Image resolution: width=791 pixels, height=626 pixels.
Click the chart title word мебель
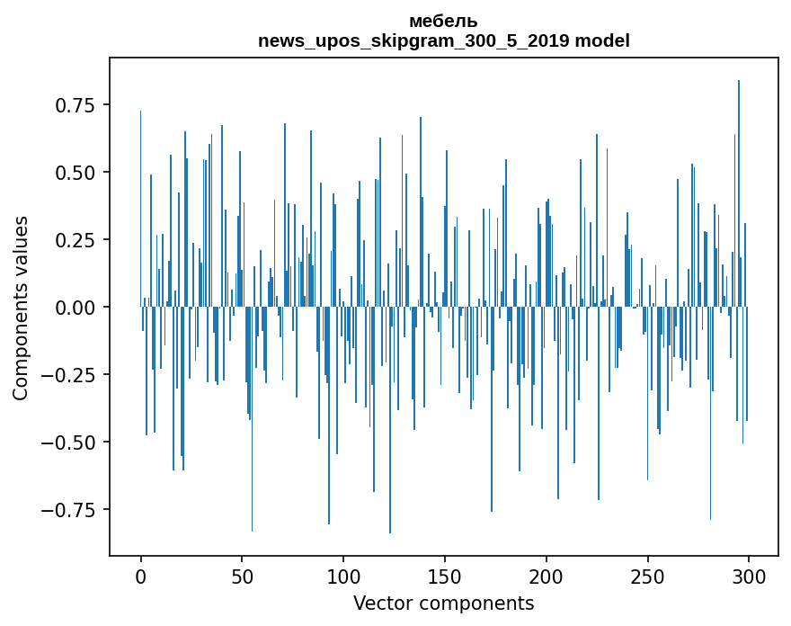pyautogui.click(x=443, y=22)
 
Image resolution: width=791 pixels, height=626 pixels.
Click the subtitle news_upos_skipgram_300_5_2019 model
pyautogui.click(x=443, y=41)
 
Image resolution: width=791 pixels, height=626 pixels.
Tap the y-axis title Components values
pyautogui.click(x=21, y=308)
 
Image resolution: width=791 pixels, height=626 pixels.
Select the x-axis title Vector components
pyautogui.click(x=443, y=604)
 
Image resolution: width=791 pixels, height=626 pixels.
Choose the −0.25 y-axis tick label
pyautogui.click(x=76, y=375)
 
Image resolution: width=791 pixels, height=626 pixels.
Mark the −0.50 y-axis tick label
pyautogui.click(x=76, y=443)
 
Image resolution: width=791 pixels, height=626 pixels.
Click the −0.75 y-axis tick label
pyautogui.click(x=76, y=510)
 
